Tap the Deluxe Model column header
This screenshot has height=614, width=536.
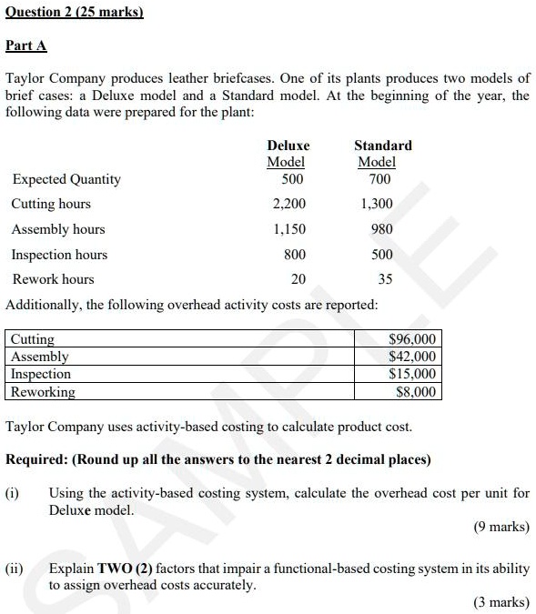click(288, 153)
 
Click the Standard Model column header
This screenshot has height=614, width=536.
click(382, 153)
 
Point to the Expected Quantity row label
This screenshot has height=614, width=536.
click(66, 179)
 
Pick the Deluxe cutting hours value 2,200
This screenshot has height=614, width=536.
click(289, 204)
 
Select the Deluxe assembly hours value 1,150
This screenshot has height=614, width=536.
click(289, 229)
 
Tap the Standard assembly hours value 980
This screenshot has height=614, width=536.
click(381, 229)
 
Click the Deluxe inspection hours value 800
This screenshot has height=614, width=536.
click(295, 255)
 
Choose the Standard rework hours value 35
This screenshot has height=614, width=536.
click(385, 279)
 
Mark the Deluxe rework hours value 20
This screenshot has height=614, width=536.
click(298, 279)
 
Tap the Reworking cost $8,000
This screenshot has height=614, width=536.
click(417, 392)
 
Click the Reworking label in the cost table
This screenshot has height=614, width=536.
click(43, 392)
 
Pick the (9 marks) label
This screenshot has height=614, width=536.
click(501, 527)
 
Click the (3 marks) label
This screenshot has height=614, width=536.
click(501, 601)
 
